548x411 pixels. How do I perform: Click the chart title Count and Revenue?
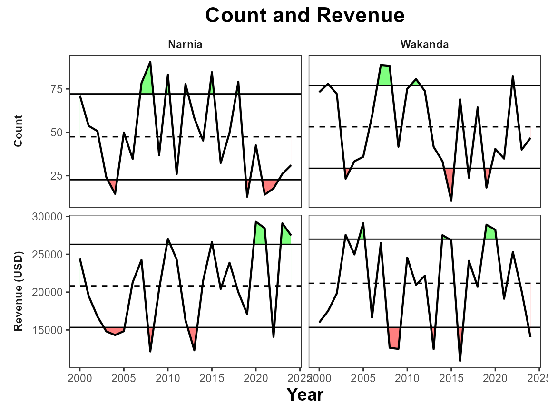tap(305, 16)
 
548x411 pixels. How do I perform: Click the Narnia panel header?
tap(185, 45)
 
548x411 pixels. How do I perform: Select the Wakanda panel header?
tap(425, 45)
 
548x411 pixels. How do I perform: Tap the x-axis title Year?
tap(305, 394)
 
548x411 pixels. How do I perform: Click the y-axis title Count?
tap(19, 132)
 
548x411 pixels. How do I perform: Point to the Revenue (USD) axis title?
tap(19, 291)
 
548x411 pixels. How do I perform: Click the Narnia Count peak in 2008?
tap(150, 62)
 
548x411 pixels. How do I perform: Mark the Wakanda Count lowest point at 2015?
tap(451, 201)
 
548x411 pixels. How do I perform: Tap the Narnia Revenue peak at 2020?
tap(256, 222)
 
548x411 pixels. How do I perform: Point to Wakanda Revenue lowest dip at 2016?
tap(460, 360)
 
